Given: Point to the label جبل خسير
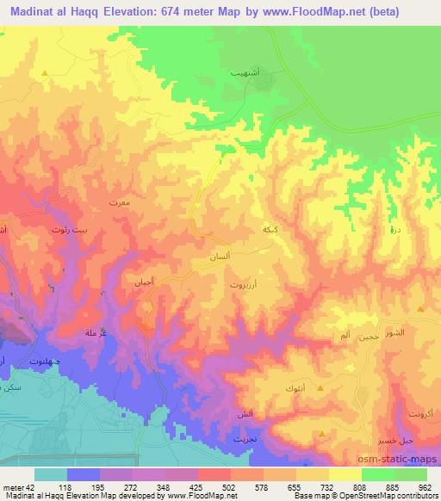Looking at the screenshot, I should point(390,440).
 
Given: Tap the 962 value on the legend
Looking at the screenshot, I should point(425,487).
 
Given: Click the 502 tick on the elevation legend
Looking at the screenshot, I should point(229,487).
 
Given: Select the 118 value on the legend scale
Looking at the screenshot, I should point(64,487).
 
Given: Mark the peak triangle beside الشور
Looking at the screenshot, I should point(419,309).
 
